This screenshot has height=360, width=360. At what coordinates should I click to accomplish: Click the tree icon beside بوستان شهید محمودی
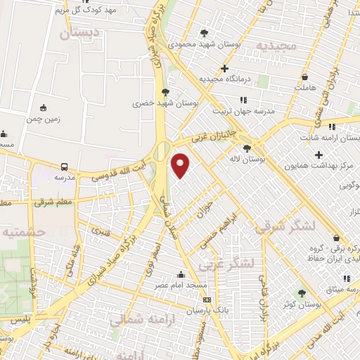204,33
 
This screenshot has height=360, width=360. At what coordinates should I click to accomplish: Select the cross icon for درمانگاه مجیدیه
224,69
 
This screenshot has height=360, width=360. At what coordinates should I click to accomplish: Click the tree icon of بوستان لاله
247,148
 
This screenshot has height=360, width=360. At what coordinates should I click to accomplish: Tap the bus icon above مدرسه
65,167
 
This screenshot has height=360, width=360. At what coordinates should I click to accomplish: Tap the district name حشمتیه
22,231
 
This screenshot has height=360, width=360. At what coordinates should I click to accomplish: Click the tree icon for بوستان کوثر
302,293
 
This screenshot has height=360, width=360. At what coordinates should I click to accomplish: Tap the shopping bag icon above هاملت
304,77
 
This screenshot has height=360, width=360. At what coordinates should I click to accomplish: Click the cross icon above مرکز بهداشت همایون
319,155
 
